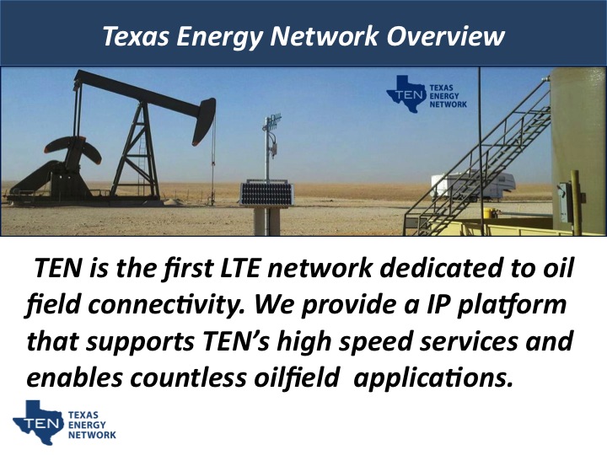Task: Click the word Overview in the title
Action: pyautogui.click(x=446, y=36)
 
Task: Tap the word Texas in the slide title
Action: pyautogui.click(x=136, y=36)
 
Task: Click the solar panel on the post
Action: pyautogui.click(x=266, y=194)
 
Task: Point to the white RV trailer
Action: pyautogui.click(x=473, y=185)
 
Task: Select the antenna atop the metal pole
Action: pyautogui.click(x=272, y=121)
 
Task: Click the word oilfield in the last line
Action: pyautogui.click(x=297, y=377)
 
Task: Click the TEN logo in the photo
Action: pyautogui.click(x=427, y=94)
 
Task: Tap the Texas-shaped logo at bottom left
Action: pyautogui.click(x=39, y=422)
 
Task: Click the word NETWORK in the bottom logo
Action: pyautogui.click(x=92, y=435)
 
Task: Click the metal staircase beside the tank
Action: pyautogui.click(x=479, y=163)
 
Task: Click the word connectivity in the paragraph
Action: pyautogui.click(x=166, y=305)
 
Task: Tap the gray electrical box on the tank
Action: pyautogui.click(x=564, y=202)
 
